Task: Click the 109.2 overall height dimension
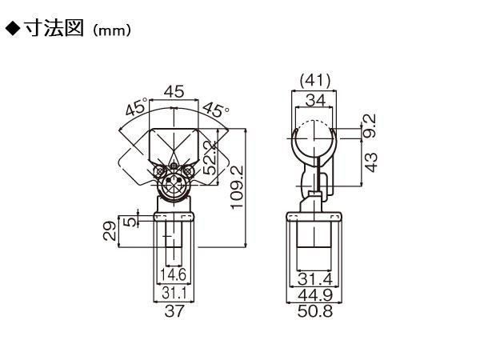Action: [x=238, y=188]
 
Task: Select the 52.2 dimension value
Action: [x=210, y=158]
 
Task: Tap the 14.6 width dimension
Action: [x=174, y=274]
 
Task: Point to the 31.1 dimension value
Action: [x=174, y=293]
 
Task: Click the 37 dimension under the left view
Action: [x=174, y=311]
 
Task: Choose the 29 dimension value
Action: [x=110, y=231]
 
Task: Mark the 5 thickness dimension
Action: [x=130, y=222]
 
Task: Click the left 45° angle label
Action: [x=136, y=107]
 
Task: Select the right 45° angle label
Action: [x=216, y=110]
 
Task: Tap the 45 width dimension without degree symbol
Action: [x=174, y=91]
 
